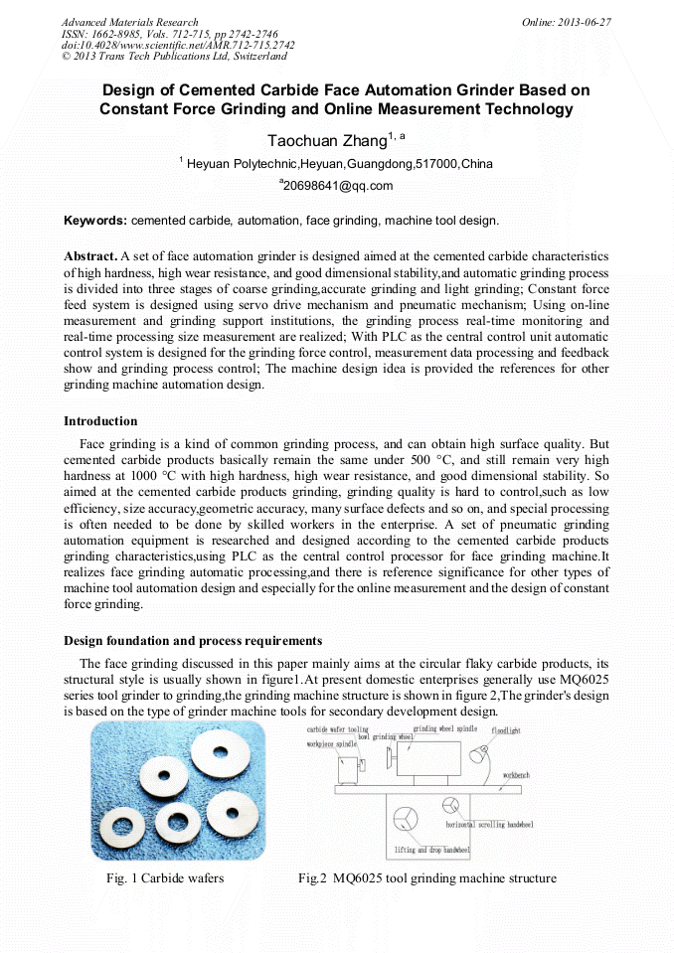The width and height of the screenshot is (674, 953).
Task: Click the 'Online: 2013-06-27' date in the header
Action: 567,22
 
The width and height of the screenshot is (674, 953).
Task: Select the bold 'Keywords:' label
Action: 95,220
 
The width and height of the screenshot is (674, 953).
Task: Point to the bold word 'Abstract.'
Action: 90,255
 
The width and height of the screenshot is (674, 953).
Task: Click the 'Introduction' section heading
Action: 100,421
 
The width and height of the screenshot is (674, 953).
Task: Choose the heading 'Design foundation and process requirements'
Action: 193,640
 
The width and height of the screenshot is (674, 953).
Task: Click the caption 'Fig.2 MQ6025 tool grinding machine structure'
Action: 426,877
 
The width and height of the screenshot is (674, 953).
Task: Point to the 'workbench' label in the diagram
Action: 522,773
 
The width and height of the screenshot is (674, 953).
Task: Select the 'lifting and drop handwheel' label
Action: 431,851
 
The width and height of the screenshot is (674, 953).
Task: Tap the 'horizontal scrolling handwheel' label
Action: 489,825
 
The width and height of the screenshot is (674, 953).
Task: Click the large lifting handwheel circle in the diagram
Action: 405,821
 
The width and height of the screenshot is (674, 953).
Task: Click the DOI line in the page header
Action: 178,45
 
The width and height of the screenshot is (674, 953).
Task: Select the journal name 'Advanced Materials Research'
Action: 129,22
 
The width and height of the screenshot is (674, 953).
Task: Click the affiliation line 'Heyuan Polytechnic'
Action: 338,163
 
